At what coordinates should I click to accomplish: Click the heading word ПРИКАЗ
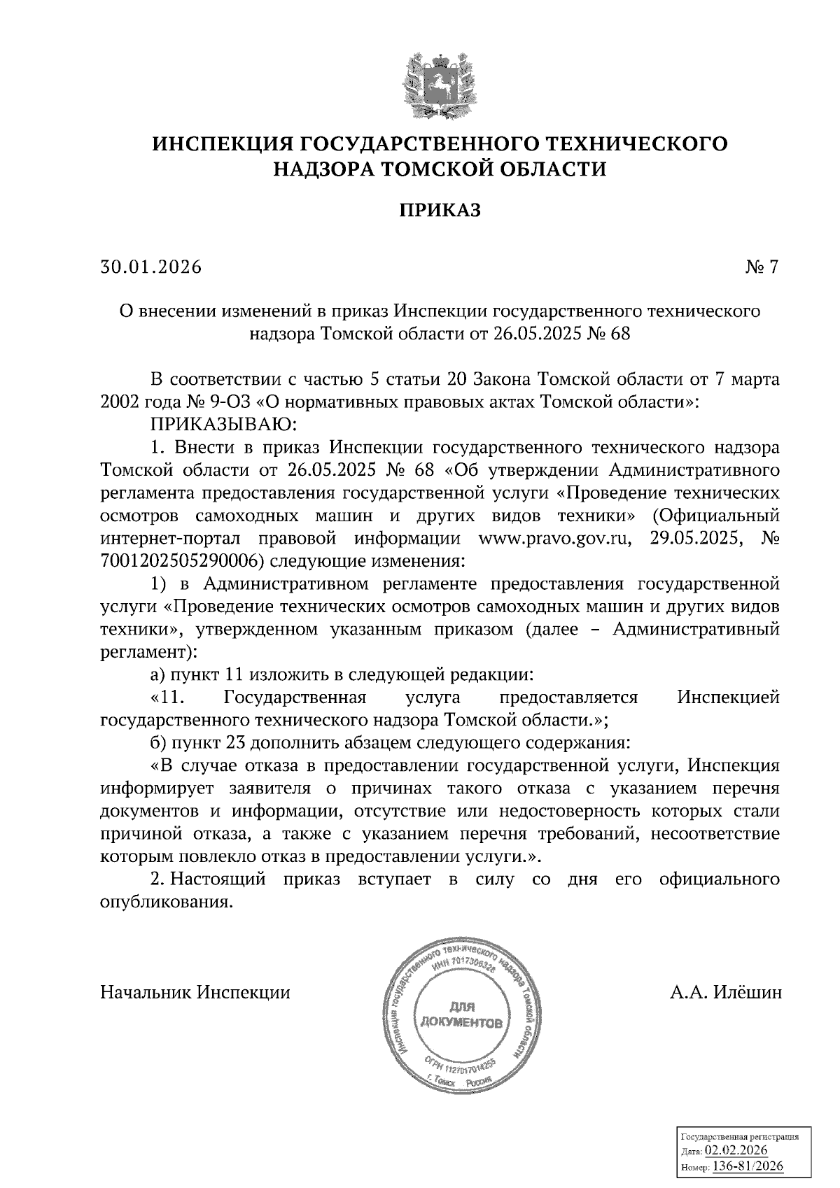(440, 210)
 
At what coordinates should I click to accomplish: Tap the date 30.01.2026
(150, 267)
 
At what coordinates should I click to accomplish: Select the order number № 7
(762, 267)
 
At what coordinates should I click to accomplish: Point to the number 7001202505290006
(182, 561)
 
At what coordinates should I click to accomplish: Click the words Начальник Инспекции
(195, 993)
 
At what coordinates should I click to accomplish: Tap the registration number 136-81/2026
(748, 1166)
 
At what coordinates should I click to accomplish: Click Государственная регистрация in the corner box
(740, 1138)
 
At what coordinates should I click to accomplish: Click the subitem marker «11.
(166, 698)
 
